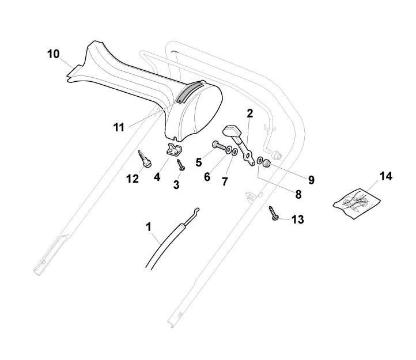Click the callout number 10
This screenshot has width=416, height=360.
(x=53, y=55)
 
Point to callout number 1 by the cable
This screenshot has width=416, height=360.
(x=149, y=228)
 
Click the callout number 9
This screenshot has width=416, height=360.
(x=311, y=180)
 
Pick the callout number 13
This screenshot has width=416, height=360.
(x=298, y=219)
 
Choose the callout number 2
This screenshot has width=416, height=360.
(x=249, y=113)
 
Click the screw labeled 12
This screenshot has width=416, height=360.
(x=143, y=159)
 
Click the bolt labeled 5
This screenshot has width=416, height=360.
(x=218, y=145)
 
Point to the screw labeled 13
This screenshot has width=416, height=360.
(x=274, y=215)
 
